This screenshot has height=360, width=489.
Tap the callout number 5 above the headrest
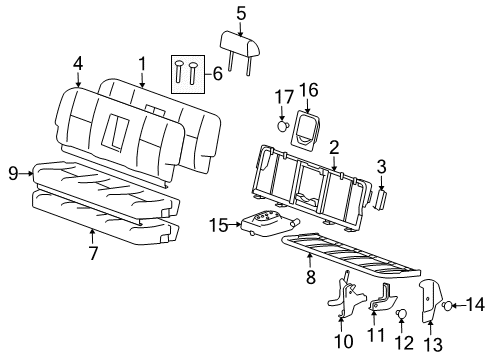(241, 13)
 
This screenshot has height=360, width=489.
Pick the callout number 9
(13, 173)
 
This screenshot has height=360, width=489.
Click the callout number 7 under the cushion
(92, 253)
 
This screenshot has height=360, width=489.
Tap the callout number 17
(282, 98)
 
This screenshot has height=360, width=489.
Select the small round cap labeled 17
(283, 126)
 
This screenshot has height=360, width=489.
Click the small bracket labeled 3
(381, 198)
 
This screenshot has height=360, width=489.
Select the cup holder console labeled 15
(267, 224)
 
